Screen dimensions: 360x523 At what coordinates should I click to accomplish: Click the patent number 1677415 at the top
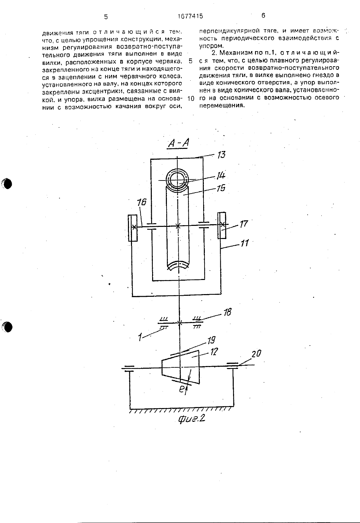pos(190,16)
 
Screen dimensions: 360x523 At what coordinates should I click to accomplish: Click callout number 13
pos(221,155)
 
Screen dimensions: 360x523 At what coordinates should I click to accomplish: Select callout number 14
pos(221,175)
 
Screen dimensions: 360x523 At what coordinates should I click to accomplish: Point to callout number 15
pos(221,188)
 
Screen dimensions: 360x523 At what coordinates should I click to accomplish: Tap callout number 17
pos(243,224)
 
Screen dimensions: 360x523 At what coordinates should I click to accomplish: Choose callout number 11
pos(244,243)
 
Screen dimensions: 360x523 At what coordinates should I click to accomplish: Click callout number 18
pos(227,312)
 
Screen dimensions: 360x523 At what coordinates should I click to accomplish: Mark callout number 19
pos(211,340)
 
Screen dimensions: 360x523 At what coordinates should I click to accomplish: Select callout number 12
pos(214,352)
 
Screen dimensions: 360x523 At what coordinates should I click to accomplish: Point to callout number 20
pos(256,354)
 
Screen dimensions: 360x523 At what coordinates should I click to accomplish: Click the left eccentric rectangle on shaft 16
pos(133,228)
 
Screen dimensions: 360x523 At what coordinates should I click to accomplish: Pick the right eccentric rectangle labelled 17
pos(222,225)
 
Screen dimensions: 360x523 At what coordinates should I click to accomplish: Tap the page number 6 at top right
pos(263,15)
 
